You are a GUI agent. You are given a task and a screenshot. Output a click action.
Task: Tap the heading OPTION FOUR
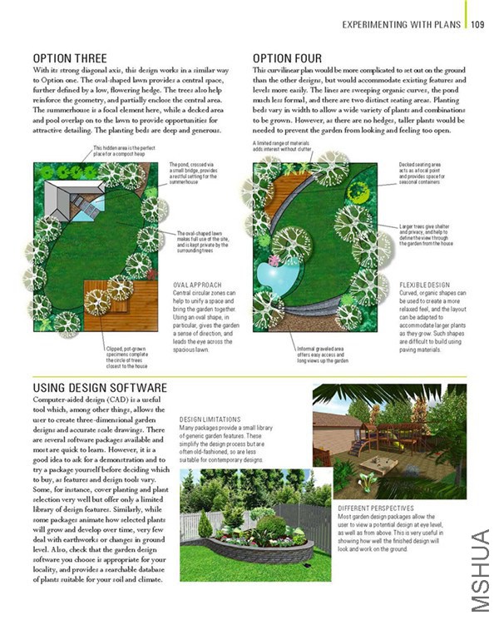(x=288, y=58)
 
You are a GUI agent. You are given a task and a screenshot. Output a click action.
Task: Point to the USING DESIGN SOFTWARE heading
(x=100, y=388)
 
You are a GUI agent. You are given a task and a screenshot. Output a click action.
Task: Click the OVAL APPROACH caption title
(x=196, y=285)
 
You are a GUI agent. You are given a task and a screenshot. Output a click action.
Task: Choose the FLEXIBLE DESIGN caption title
(x=424, y=285)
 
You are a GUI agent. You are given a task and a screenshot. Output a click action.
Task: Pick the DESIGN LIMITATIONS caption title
(x=210, y=419)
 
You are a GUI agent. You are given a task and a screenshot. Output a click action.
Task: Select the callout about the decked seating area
(x=429, y=171)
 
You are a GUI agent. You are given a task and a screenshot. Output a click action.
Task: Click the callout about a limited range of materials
(x=284, y=146)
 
